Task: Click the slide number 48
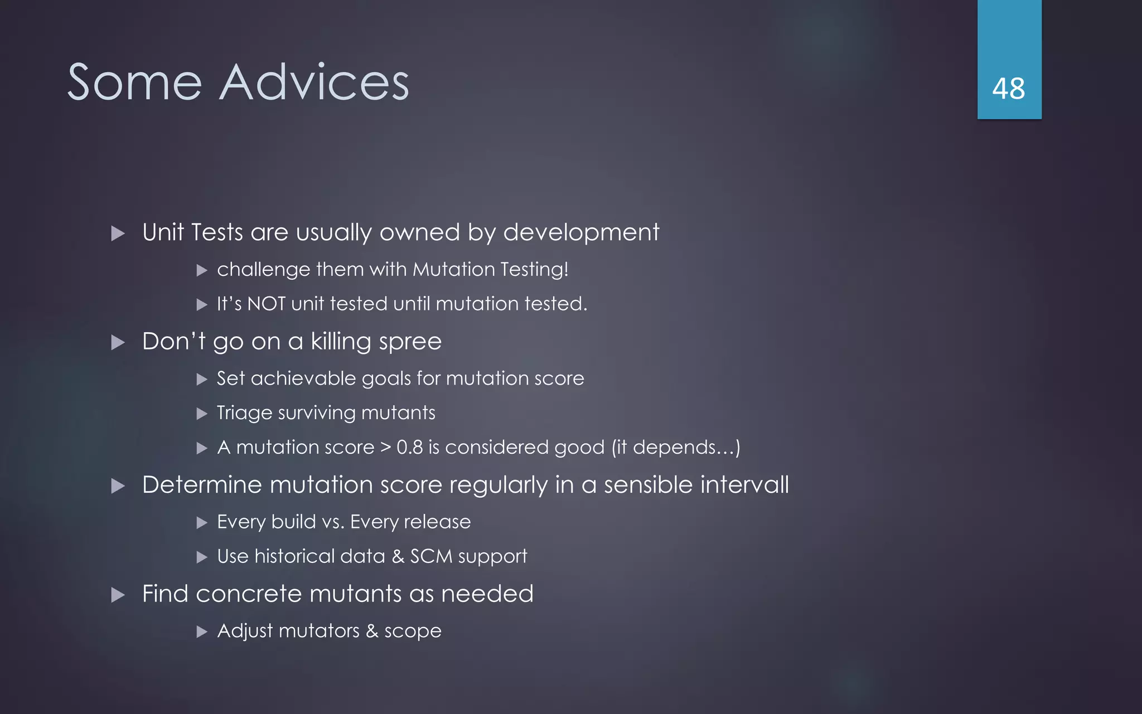point(1008,89)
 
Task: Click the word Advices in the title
point(314,82)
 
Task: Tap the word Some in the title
point(134,82)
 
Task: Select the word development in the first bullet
point(581,232)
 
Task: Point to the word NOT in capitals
point(266,304)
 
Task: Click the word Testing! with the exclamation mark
point(534,269)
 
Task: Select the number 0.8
point(409,447)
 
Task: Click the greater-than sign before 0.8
point(385,447)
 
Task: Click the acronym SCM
point(431,556)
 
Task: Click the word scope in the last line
point(413,631)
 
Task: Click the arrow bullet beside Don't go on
point(118,342)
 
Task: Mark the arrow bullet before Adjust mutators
point(202,632)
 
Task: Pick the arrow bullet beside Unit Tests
point(118,233)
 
